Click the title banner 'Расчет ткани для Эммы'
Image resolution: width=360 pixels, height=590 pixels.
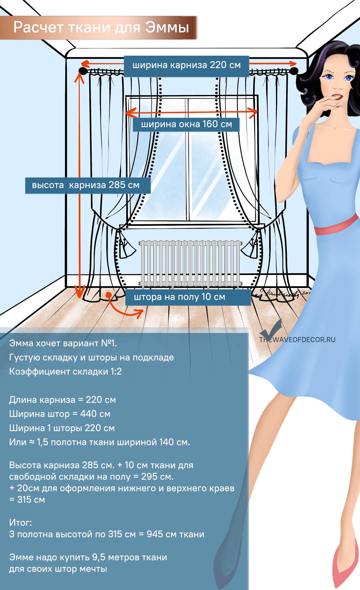coord(101,28)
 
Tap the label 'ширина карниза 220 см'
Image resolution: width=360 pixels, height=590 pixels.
coord(186,65)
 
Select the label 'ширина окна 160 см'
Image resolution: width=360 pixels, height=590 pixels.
coord(186,124)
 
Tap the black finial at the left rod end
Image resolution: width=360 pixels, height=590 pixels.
coord(82,71)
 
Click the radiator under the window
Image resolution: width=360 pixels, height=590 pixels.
coord(190,262)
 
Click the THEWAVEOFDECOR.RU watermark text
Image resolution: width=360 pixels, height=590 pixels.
coord(297,340)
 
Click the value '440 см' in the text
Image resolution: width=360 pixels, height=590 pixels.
coord(95,414)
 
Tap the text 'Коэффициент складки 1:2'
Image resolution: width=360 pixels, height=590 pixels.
coord(65,371)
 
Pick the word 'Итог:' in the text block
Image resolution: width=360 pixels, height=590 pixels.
coord(20,523)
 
